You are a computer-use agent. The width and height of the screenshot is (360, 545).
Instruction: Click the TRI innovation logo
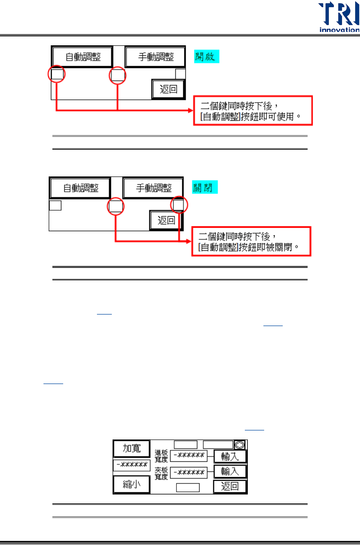coord(339,17)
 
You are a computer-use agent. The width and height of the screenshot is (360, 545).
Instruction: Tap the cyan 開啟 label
coord(206,56)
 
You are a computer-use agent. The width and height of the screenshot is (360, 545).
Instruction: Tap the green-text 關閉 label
coord(204,188)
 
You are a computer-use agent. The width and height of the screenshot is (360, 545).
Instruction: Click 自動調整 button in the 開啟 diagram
coord(83,57)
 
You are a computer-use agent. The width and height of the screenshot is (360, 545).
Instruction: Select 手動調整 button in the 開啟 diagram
coord(156,57)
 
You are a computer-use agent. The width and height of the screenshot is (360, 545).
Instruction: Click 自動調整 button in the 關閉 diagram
coord(81,188)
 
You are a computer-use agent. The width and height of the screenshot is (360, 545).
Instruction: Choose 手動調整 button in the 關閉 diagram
coord(153,188)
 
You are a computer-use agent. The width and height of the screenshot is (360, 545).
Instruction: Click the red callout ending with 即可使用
coord(253,111)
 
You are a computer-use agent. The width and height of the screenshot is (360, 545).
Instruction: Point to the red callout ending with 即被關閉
coord(251,241)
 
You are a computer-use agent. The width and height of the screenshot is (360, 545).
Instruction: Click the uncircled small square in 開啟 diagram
coord(180,74)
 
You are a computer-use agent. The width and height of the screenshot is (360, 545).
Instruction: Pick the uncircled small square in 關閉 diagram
coord(55,205)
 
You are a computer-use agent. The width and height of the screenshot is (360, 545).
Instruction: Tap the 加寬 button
coord(132,448)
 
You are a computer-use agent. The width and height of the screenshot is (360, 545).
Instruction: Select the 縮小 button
coord(132,484)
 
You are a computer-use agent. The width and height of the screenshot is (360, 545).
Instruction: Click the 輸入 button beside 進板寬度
coord(230,456)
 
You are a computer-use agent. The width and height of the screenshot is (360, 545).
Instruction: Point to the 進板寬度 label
coord(161,456)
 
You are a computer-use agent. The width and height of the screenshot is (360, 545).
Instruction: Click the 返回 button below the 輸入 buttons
coord(230,486)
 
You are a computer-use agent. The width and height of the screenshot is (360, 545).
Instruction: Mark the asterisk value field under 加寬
coord(132,465)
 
